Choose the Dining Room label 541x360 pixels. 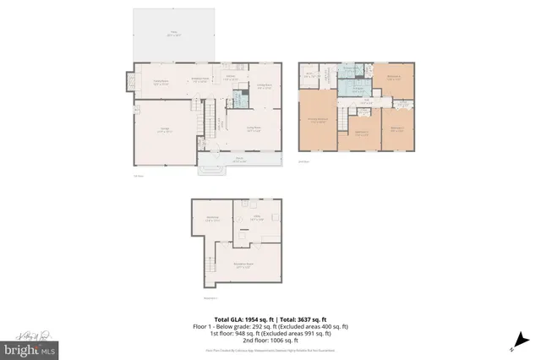[x=264, y=85]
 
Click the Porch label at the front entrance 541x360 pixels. [x=238, y=160]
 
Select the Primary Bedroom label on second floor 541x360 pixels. [x=318, y=120]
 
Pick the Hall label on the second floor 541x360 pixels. [x=366, y=101]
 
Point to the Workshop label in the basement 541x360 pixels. [x=211, y=218]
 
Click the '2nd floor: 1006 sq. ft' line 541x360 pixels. [x=271, y=340]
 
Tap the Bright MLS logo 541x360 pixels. [x=30, y=347]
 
